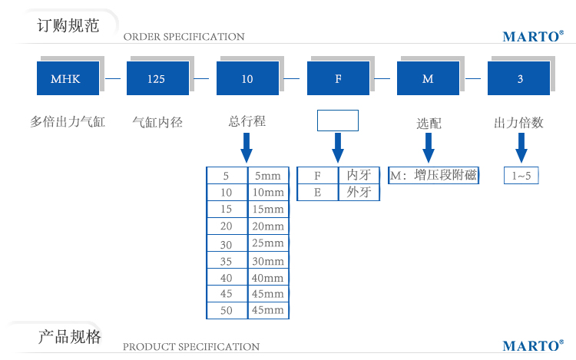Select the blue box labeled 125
[x=157, y=78]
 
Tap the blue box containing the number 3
[x=520, y=78]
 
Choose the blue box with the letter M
[x=428, y=78]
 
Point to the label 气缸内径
[x=157, y=121]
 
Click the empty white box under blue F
[x=337, y=121]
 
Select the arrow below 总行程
[x=247, y=147]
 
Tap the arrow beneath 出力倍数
[x=521, y=146]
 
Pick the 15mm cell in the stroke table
[x=268, y=209]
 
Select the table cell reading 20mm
[x=268, y=226]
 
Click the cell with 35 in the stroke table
[x=226, y=260]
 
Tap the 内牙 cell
[x=359, y=175]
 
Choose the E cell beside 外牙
[x=317, y=192]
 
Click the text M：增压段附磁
[x=433, y=175]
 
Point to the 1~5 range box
[x=521, y=176]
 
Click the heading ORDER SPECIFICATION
[x=184, y=37]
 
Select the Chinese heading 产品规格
[x=69, y=337]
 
